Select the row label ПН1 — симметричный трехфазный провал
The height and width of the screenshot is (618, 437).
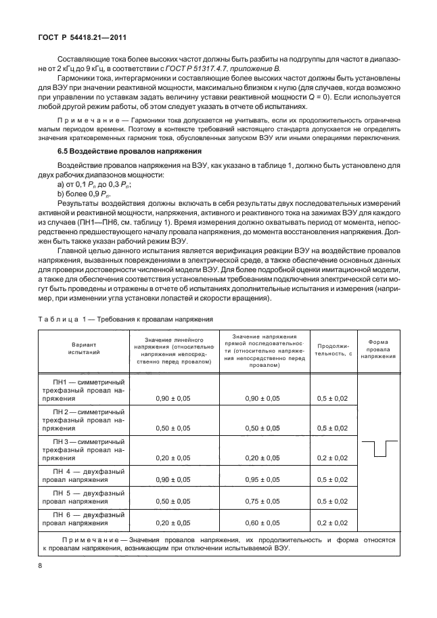pyautogui.click(x=83, y=390)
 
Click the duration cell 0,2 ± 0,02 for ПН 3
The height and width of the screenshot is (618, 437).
pyautogui.click(x=332, y=458)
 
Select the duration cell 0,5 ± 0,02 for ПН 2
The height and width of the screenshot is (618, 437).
pyautogui.click(x=332, y=428)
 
